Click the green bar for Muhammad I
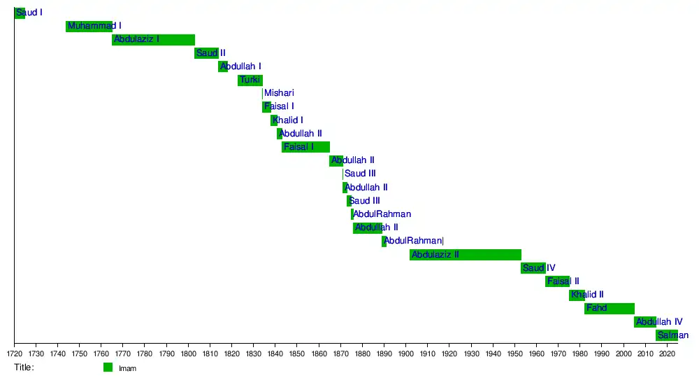[89, 26]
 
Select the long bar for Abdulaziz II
[466, 255]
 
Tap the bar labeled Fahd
[610, 309]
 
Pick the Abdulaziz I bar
[153, 39]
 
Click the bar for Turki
[250, 80]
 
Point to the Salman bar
[667, 335]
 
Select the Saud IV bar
[533, 268]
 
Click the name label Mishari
[280, 93]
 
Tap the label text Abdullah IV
[659, 322]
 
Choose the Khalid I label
[288, 120]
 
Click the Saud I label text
[29, 13]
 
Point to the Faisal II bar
[557, 281]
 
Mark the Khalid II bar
[577, 295]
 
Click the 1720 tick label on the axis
[14, 353]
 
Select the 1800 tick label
[188, 353]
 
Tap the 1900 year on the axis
[406, 353]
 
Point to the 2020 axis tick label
[667, 353]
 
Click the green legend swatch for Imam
[108, 367]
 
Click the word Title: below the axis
[24, 367]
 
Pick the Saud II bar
[206, 52]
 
